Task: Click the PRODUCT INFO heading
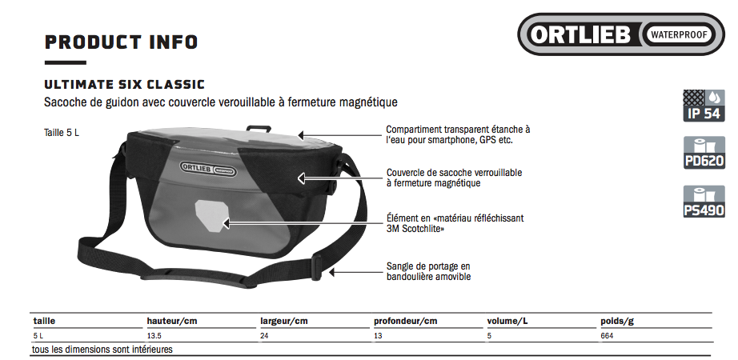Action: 121,42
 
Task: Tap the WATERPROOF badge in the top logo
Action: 679,34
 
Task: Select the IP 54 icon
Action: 704,106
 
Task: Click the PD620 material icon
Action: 704,153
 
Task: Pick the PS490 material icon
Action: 704,202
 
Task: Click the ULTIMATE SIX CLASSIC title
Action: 125,85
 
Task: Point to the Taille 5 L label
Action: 62,133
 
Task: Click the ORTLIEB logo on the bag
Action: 208,168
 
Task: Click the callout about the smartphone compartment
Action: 458,134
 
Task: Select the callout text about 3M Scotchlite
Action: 455,223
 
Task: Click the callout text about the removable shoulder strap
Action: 428,271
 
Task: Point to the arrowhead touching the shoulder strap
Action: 332,271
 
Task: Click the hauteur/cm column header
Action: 172,322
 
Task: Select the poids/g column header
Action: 617,322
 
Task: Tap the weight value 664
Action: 607,336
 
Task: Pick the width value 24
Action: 264,336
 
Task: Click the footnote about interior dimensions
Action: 102,350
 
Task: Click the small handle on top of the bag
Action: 259,127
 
